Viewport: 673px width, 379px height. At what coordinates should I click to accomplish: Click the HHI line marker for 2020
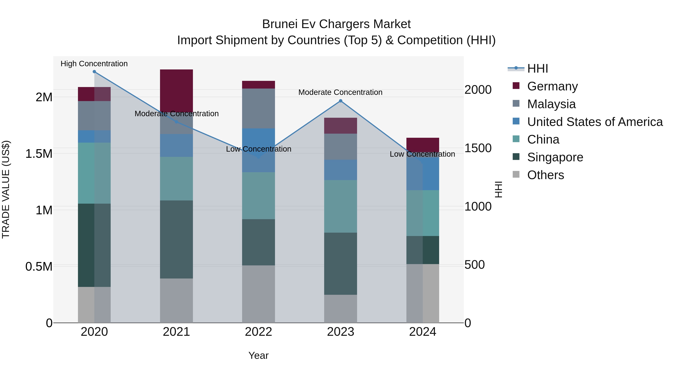coord(94,72)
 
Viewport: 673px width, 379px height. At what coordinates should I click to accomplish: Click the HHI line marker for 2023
coord(340,101)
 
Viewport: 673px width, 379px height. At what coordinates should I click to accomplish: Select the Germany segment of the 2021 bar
coord(176,90)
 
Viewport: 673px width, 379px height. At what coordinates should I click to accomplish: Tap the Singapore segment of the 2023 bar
coord(340,264)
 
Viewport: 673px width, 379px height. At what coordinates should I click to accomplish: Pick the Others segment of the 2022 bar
coord(258,294)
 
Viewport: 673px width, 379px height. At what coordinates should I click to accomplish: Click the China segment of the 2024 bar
coord(422,213)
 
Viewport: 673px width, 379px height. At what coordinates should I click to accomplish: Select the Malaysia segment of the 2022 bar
coord(258,109)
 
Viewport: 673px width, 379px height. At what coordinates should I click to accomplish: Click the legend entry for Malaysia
coord(551,104)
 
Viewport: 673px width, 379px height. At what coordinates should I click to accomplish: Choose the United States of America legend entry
coord(595,122)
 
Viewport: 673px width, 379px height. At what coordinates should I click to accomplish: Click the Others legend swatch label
coord(546,175)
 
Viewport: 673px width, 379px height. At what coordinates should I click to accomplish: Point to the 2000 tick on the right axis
coord(478,90)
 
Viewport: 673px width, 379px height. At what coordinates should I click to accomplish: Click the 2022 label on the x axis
coord(258,332)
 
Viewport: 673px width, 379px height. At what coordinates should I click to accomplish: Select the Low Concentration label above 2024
coord(422,154)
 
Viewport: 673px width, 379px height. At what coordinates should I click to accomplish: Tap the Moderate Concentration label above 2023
coord(340,92)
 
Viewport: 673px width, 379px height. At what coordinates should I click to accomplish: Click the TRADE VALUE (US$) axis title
coord(6,189)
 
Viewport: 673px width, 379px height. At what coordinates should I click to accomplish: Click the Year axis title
coord(258,355)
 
